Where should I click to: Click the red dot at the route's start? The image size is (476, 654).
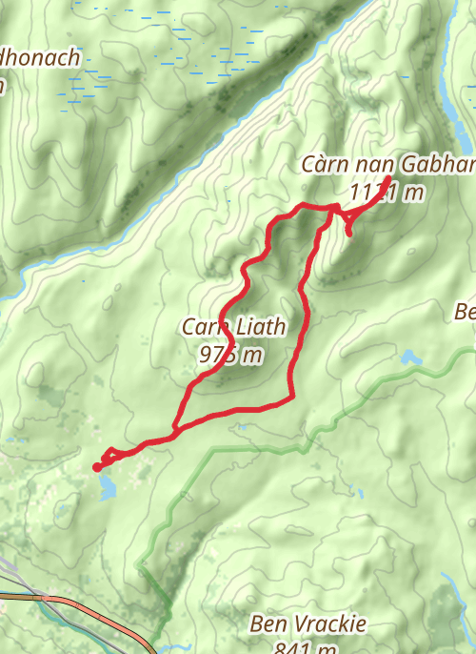97,467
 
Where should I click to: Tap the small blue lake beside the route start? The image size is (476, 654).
106,489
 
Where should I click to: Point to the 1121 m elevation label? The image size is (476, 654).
386,193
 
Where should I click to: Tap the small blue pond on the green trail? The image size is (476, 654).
410,358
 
